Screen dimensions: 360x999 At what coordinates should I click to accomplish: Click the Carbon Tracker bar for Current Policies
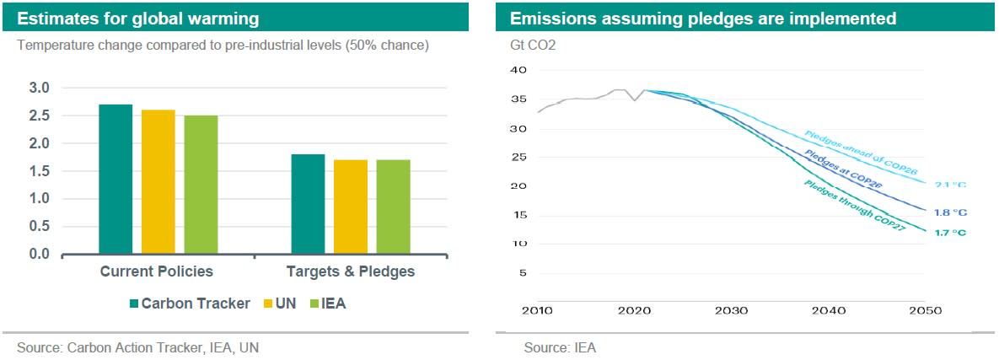coord(115,179)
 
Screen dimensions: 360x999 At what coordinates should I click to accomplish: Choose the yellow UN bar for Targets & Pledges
coord(351,207)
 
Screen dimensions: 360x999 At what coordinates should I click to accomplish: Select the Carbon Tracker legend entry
coord(189,304)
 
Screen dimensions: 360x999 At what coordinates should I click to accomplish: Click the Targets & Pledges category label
coord(350,271)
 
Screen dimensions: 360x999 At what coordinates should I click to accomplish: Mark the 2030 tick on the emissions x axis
coord(731,311)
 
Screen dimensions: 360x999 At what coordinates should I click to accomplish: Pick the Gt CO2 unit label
coord(532,45)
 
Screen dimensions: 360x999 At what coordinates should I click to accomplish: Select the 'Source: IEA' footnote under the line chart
coord(560,347)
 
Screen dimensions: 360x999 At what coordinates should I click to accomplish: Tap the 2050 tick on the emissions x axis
coord(925,311)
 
